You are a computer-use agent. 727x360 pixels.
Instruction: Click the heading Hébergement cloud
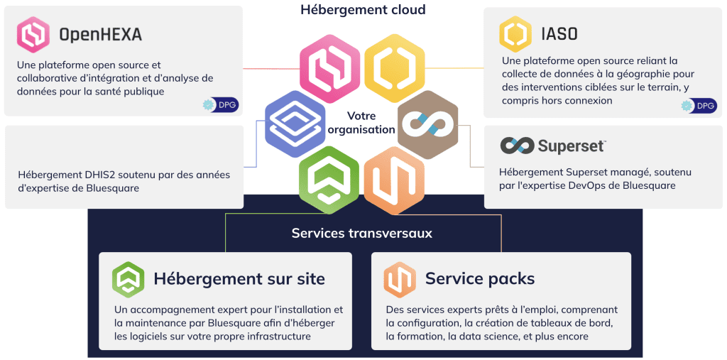(363, 10)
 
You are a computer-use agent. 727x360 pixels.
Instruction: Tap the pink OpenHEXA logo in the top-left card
(33, 34)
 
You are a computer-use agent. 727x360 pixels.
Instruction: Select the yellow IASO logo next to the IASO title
(515, 33)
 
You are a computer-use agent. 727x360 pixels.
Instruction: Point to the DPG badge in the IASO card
(699, 106)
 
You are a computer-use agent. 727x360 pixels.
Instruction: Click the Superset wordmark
(571, 146)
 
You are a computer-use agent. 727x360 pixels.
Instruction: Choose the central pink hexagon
(328, 69)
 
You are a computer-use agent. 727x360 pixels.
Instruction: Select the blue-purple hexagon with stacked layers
(294, 123)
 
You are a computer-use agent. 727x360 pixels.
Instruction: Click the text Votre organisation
(361, 123)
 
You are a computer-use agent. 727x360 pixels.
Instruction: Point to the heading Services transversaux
(361, 233)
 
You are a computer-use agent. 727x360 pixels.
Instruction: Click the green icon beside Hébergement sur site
(128, 279)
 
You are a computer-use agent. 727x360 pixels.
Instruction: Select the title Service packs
(480, 278)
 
